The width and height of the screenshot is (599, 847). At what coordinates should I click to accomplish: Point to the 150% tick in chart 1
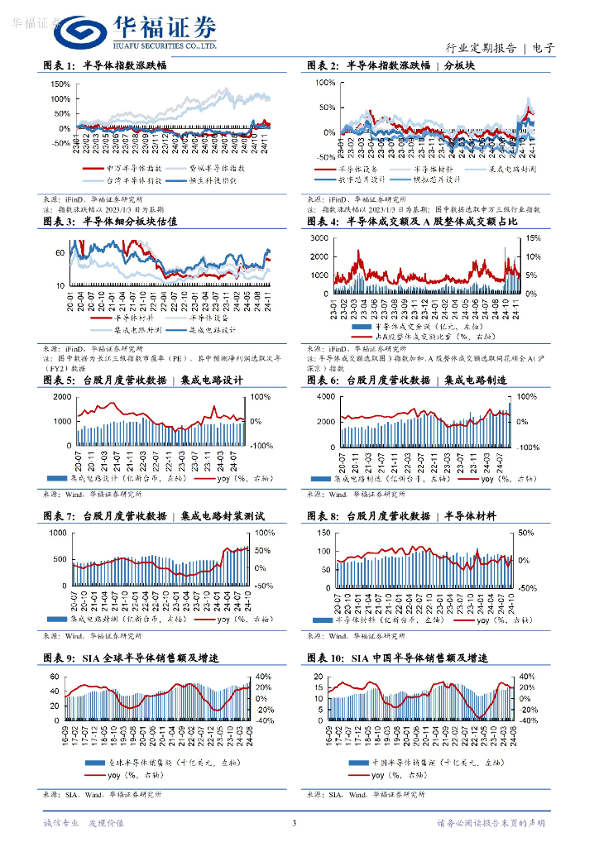click(60, 84)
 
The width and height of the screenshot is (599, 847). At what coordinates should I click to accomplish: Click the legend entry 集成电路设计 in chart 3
click(212, 329)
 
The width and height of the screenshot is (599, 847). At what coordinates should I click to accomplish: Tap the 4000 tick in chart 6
click(323, 398)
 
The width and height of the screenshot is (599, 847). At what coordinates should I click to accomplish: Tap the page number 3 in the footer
click(294, 822)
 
